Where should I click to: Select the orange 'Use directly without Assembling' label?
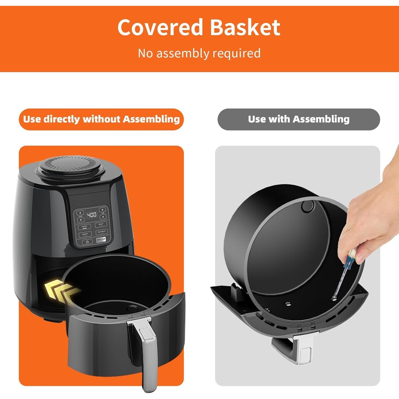coord(101,119)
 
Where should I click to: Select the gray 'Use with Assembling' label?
coord(299,119)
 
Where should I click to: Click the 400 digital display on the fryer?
coord(92,214)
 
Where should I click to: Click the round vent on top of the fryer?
coord(70,166)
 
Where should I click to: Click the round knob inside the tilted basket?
coord(307,206)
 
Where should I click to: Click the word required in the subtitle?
coord(236,53)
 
